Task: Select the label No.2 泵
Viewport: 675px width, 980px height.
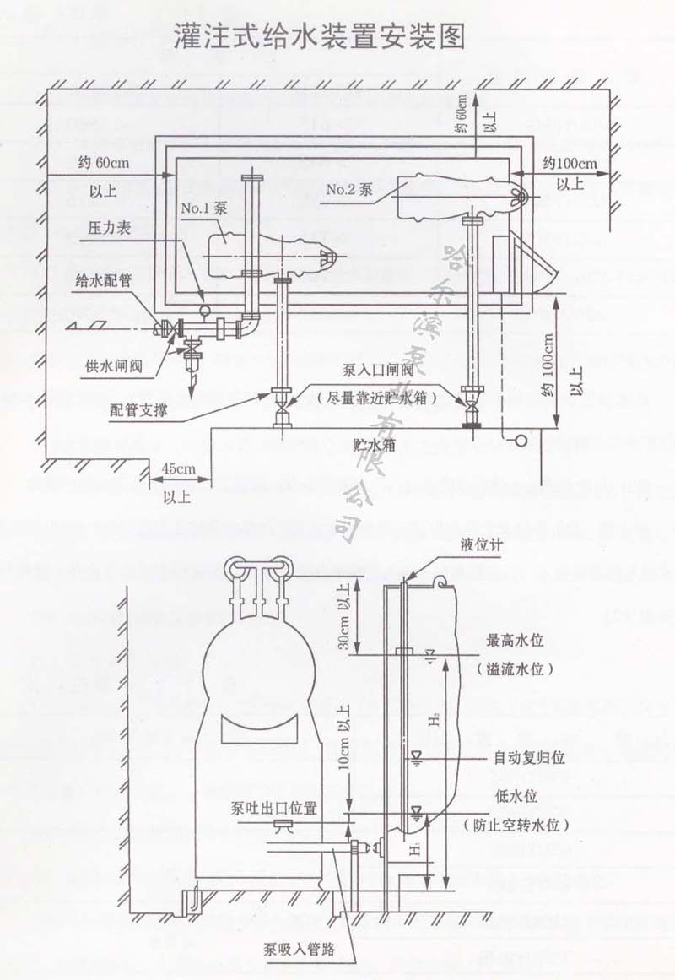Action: click(349, 190)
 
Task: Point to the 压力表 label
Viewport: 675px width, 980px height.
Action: click(109, 230)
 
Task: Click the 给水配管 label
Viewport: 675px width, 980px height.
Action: click(103, 280)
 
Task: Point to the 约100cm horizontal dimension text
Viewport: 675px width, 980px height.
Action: click(569, 163)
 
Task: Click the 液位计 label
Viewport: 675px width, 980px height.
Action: click(485, 545)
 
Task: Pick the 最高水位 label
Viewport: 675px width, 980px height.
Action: click(516, 641)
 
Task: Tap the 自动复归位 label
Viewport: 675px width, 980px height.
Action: click(529, 758)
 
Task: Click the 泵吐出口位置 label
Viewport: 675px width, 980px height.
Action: click(275, 808)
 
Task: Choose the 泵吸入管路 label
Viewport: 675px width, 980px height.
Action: click(299, 949)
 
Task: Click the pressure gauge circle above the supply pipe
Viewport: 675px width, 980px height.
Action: click(204, 309)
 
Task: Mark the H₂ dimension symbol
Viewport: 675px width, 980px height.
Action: click(433, 722)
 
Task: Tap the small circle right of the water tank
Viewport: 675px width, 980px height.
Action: click(521, 439)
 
